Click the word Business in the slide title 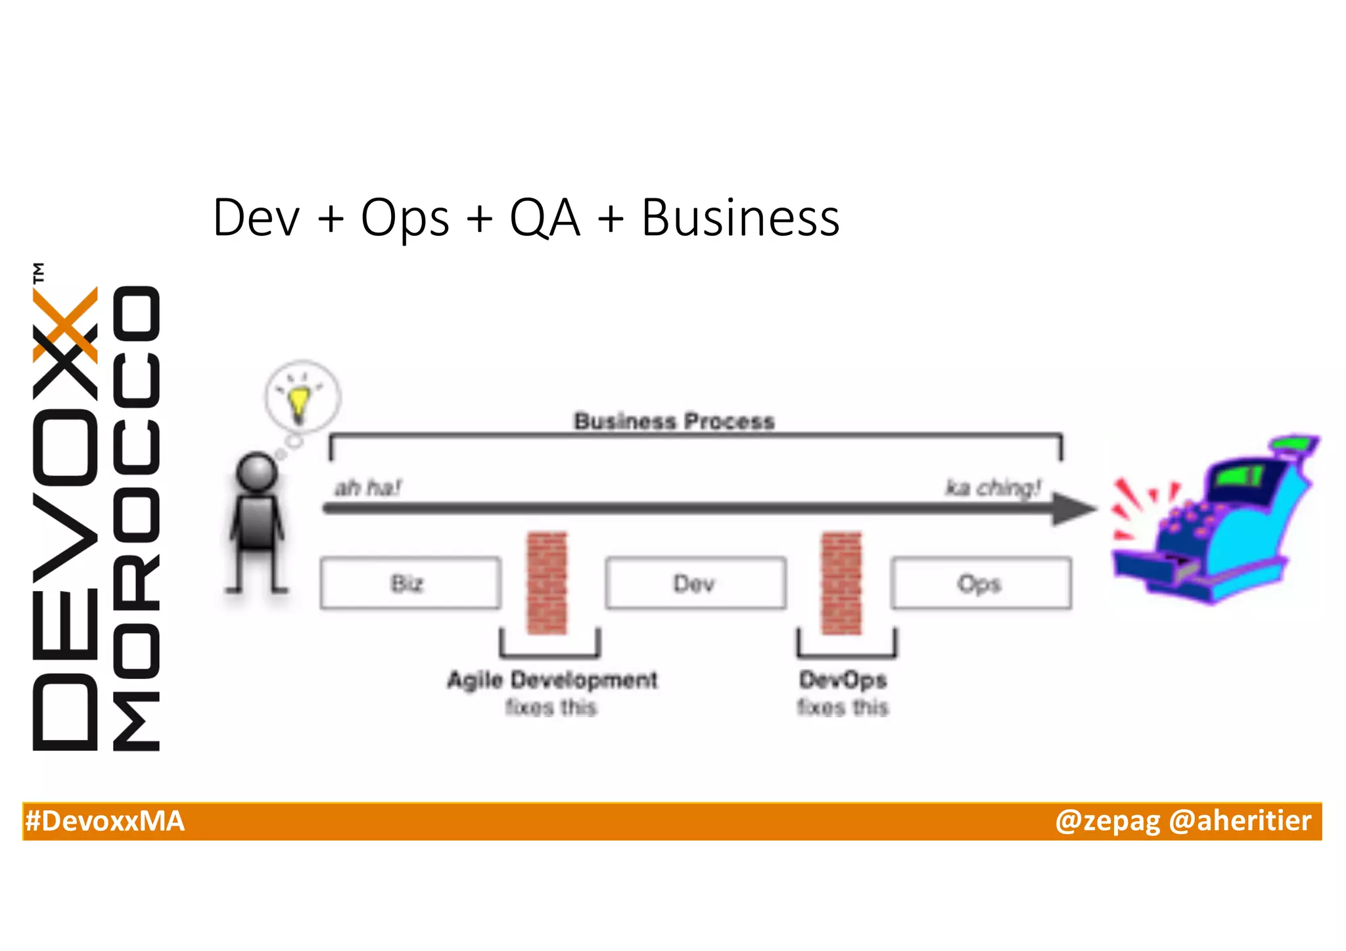tap(740, 218)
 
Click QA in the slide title tap(545, 218)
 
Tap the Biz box tap(409, 583)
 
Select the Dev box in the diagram tap(695, 583)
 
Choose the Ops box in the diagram tap(980, 583)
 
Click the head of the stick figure tap(256, 472)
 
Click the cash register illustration tap(1216, 522)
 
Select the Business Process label tap(674, 421)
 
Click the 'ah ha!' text tap(367, 488)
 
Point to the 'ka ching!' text tap(993, 488)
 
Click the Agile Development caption tap(552, 680)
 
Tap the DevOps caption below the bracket tap(843, 680)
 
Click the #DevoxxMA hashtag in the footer tap(105, 822)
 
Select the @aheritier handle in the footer tap(1240, 822)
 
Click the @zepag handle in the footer tap(1108, 822)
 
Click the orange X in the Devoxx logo tap(66, 324)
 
